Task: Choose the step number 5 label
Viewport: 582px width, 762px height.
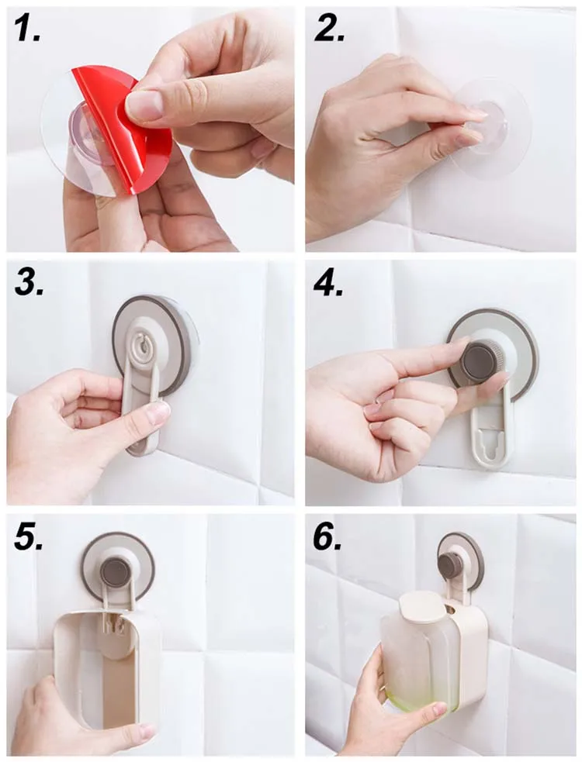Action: coord(29,537)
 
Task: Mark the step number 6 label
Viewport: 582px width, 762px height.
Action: coord(327,537)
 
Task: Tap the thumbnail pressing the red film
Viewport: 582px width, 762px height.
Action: coord(144,105)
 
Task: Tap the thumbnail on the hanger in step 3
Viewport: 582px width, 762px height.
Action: coord(158,413)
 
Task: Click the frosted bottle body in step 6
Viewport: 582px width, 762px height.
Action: coord(416,656)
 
